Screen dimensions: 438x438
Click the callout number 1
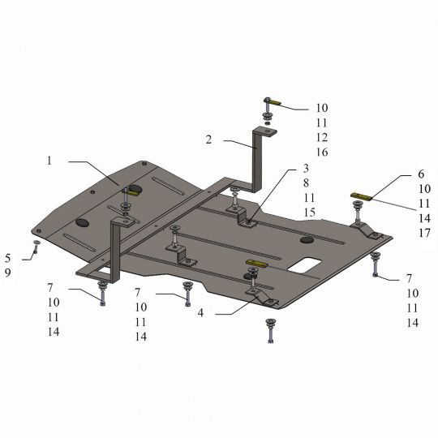[49, 161]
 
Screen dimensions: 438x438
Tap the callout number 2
[208, 140]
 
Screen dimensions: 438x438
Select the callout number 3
[306, 168]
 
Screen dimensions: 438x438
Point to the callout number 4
[200, 313]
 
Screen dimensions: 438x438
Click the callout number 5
[8, 258]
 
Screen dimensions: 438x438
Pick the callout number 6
[421, 174]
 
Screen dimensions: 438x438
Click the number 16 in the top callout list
[322, 152]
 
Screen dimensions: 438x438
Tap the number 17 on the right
[424, 233]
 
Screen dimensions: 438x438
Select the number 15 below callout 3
[310, 213]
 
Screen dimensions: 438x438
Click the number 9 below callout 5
[8, 273]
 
